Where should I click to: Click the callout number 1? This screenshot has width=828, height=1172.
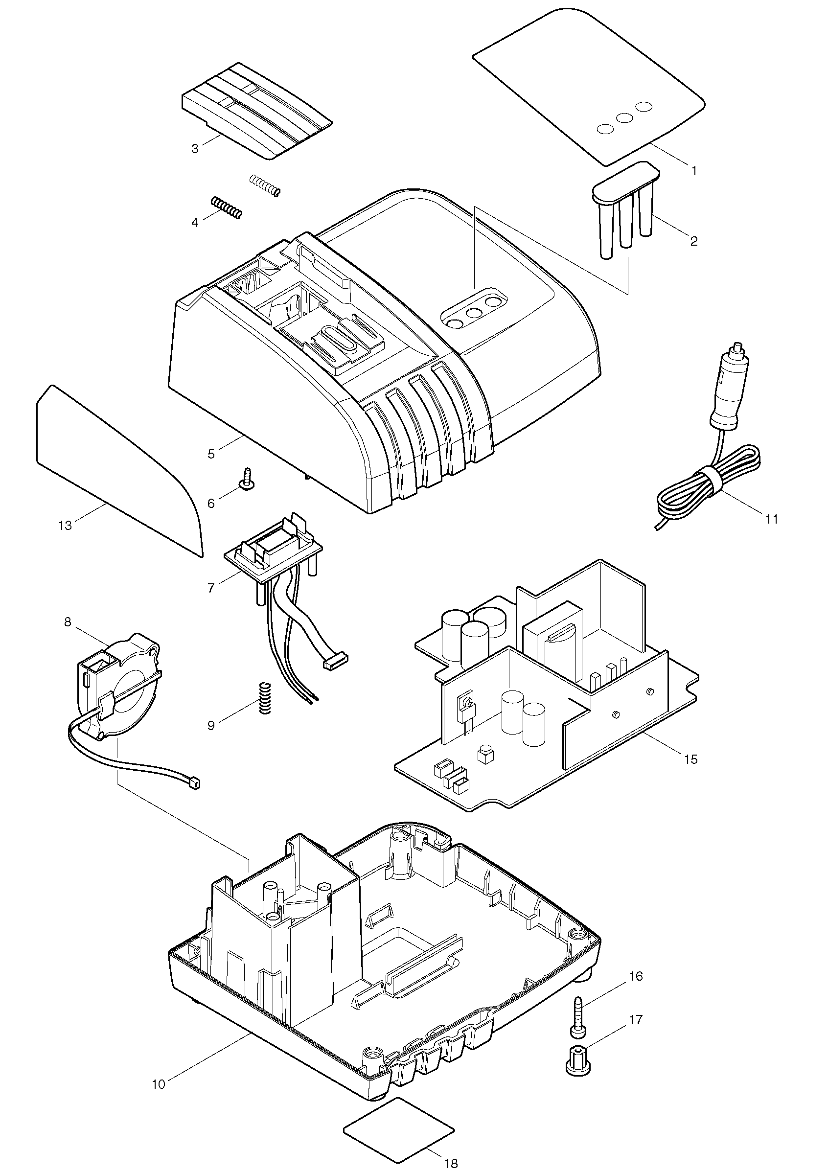[693, 171]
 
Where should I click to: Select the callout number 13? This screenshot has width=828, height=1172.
[66, 525]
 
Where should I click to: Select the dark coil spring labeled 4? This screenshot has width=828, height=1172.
[226, 209]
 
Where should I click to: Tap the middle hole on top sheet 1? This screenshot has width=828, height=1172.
[624, 117]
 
